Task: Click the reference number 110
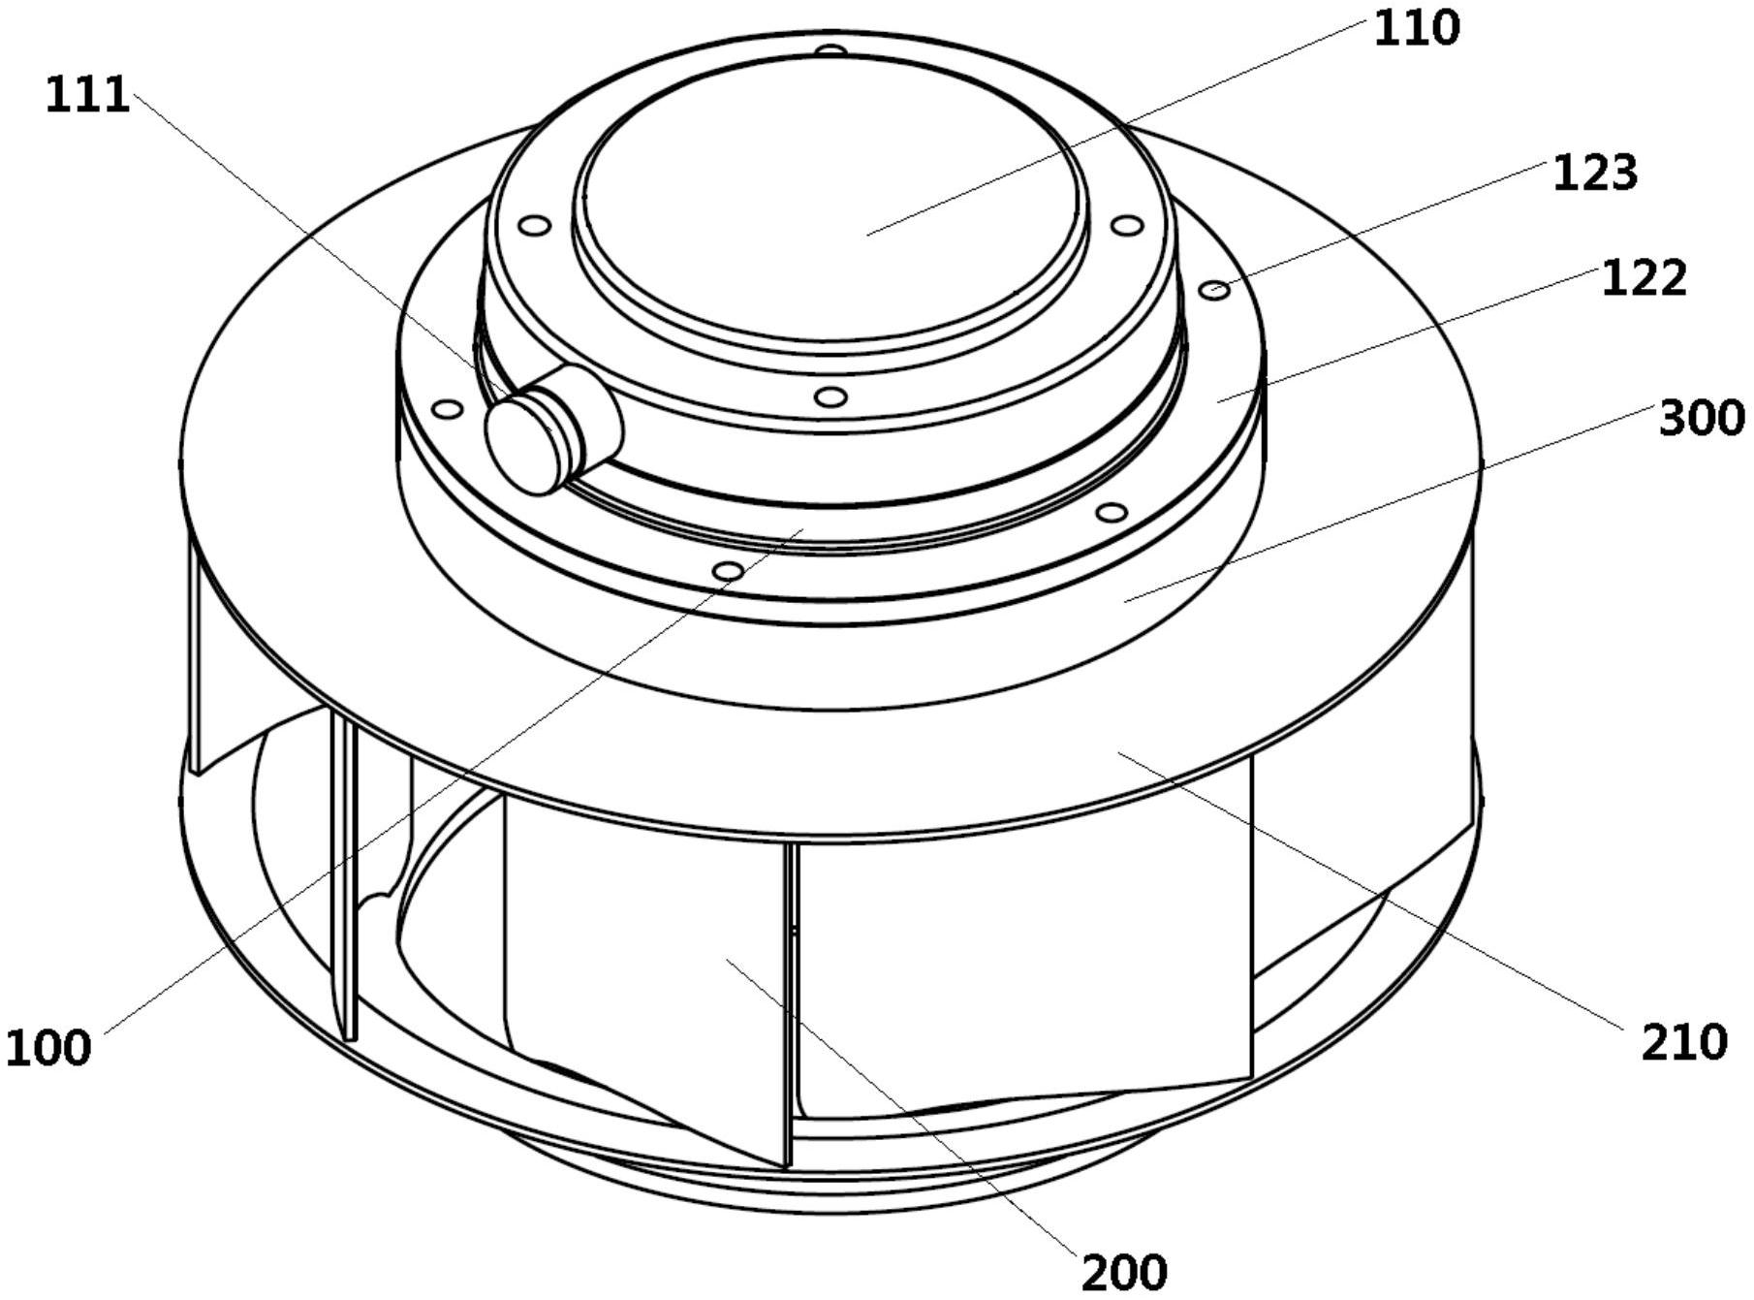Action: tap(1416, 29)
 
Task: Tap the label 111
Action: tap(87, 96)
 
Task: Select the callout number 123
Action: tap(1595, 174)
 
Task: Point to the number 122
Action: tap(1644, 279)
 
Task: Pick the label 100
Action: tap(48, 1048)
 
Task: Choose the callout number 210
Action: tap(1684, 1042)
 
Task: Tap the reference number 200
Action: tap(1124, 1272)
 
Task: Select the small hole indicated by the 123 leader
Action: tap(1216, 289)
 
